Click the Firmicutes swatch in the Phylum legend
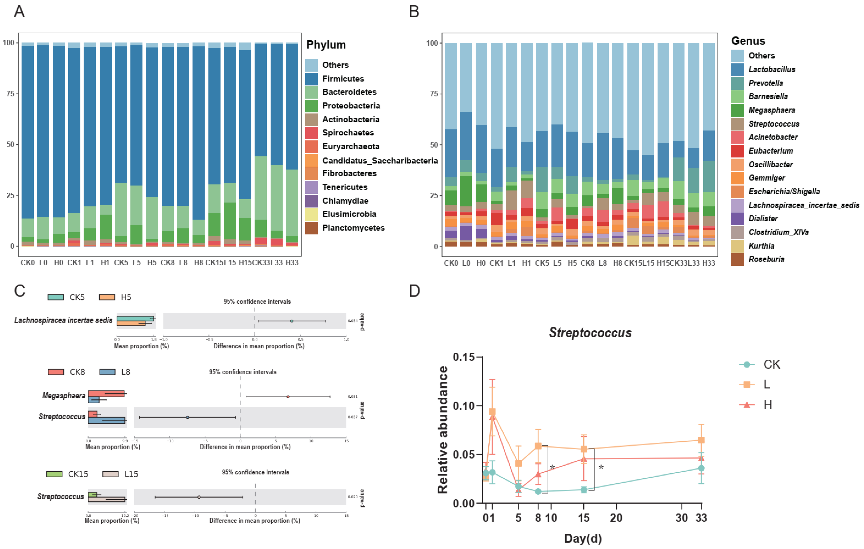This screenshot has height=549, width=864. [x=311, y=79]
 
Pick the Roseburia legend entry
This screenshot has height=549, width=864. [x=766, y=259]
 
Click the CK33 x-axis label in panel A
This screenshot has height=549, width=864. [x=261, y=263]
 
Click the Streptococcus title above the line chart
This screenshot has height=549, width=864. [x=590, y=333]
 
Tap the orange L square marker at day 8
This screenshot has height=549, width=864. [x=538, y=446]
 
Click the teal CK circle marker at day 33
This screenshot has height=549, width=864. [x=701, y=468]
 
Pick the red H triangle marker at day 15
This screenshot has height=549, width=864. [x=584, y=459]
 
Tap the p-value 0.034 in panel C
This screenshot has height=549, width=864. [x=352, y=321]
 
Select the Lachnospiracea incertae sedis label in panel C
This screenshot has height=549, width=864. [x=63, y=320]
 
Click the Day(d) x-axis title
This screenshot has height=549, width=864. [x=583, y=538]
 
